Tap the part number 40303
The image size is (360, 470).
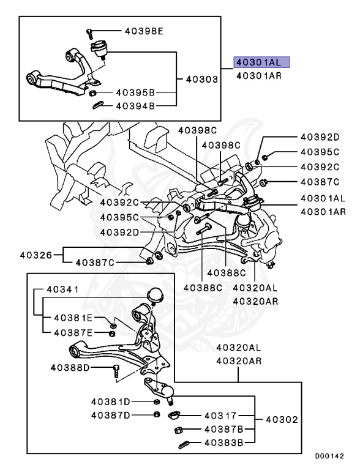tap(203, 80)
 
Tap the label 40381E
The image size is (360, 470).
tap(73, 319)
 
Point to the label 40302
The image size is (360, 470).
tap(282, 420)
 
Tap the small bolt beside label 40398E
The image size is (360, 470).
tap(89, 30)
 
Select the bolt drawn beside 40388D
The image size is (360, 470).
tap(115, 369)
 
